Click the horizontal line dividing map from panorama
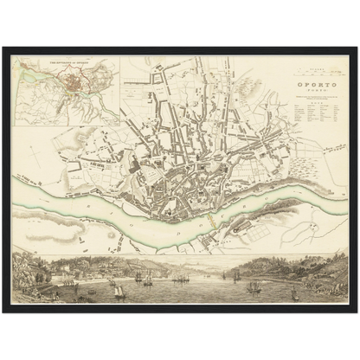(x=180, y=253)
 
